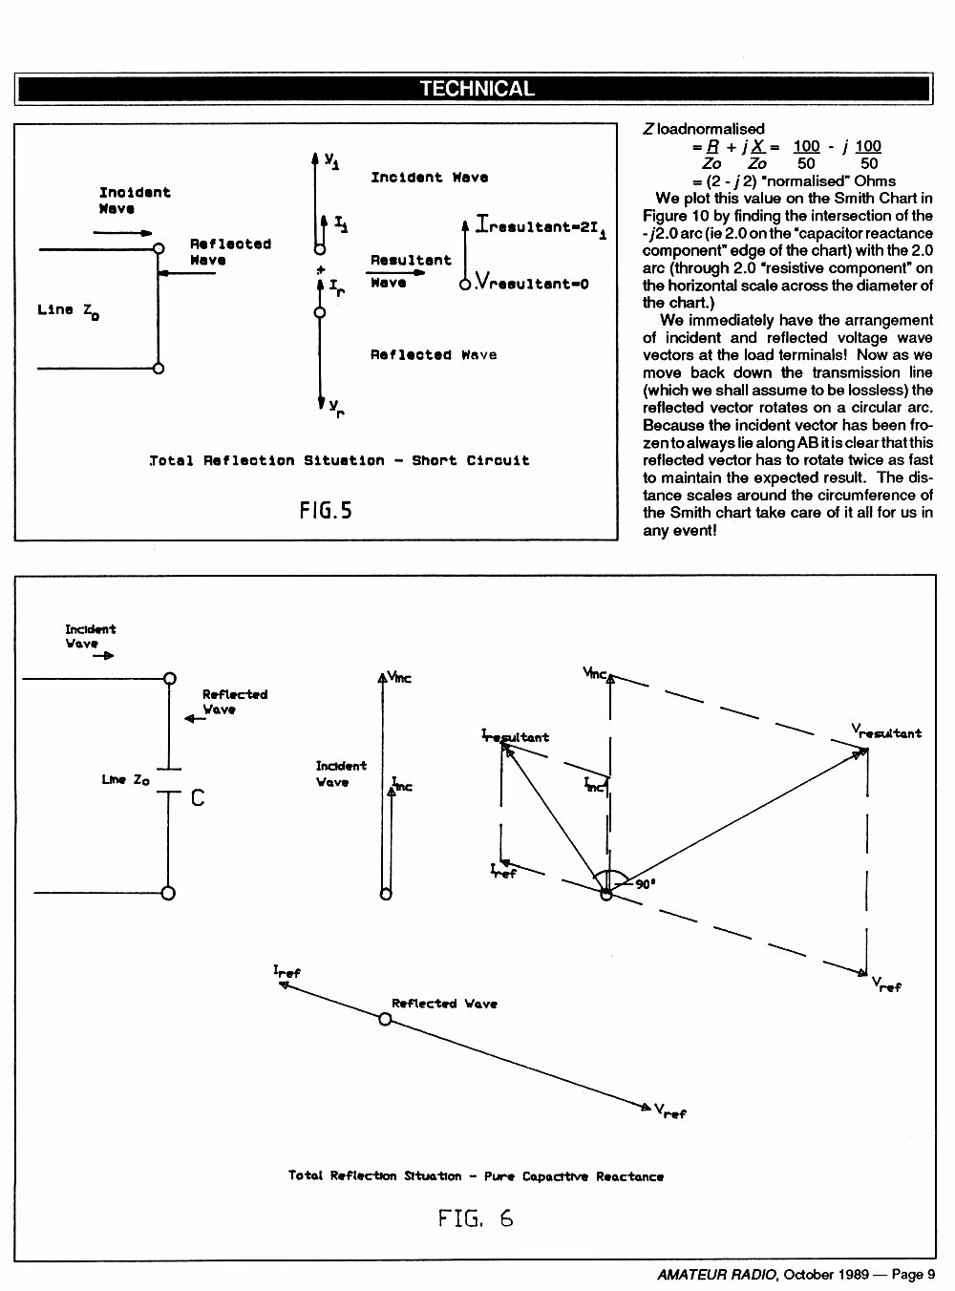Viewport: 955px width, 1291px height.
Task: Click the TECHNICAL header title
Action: pos(477,89)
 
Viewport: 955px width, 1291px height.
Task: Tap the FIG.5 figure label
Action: pos(326,511)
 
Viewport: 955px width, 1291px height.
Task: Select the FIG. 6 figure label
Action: pos(476,1217)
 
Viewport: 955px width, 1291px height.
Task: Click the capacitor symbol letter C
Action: pos(198,797)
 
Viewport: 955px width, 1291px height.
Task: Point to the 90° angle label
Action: pos(646,884)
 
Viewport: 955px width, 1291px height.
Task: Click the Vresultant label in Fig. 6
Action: pos(886,731)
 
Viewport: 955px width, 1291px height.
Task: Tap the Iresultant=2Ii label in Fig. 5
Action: pos(541,225)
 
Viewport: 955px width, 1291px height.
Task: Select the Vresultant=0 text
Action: pos(532,283)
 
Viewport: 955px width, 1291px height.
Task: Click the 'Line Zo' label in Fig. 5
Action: pos(68,311)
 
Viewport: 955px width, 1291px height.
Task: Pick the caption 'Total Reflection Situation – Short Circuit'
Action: pos(339,460)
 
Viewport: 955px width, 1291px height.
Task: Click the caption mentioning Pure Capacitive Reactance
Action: pos(476,1175)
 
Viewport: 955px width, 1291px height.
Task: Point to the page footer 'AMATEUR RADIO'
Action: pos(717,1274)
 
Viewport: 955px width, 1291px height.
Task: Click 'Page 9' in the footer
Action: pos(913,1274)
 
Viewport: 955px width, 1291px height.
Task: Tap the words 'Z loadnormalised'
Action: pos(704,129)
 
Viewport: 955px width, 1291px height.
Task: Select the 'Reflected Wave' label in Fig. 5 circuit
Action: pos(230,252)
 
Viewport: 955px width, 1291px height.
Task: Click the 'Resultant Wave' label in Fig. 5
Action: pos(411,271)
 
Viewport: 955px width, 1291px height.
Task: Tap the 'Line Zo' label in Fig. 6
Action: pos(125,780)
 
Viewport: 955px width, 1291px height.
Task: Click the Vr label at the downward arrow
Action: pos(336,408)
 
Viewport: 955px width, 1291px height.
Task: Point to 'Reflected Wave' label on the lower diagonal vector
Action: pos(444,1003)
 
